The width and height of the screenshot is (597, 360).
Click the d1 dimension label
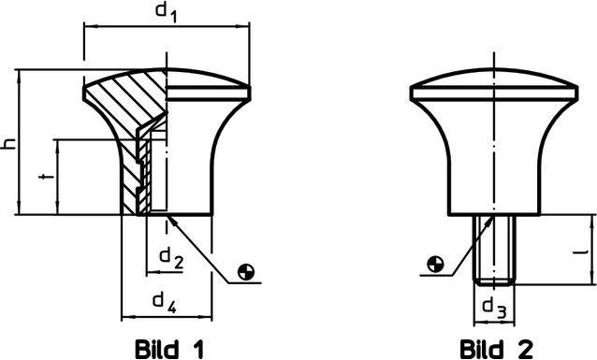pyautogui.click(x=167, y=12)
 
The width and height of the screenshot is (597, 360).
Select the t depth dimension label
pyautogui.click(x=46, y=177)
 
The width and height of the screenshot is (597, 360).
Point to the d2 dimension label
pyautogui.click(x=171, y=258)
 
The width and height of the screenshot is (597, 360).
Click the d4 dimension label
pyautogui.click(x=165, y=303)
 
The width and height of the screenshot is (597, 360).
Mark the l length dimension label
pyautogui.click(x=582, y=252)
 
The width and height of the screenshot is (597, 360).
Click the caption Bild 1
pyautogui.click(x=169, y=349)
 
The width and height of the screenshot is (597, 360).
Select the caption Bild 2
pyautogui.click(x=497, y=349)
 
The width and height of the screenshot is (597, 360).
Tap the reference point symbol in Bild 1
pyautogui.click(x=246, y=272)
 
